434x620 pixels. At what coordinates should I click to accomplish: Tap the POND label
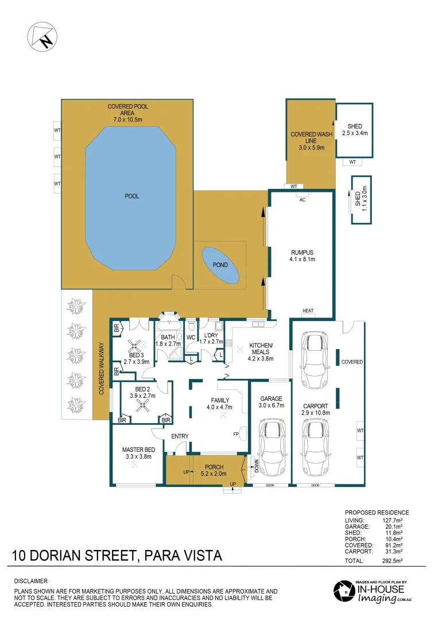click(x=220, y=265)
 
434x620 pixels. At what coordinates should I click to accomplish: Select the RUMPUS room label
click(x=302, y=255)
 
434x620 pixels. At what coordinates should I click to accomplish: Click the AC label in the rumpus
click(x=301, y=198)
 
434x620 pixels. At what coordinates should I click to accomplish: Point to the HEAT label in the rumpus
click(x=308, y=311)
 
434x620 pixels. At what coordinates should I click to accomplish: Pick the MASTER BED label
click(x=138, y=454)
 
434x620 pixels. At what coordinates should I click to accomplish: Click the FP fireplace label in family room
click(x=236, y=434)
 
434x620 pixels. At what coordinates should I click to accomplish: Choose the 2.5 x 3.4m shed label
click(x=354, y=130)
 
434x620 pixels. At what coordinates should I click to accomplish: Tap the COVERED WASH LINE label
click(x=310, y=141)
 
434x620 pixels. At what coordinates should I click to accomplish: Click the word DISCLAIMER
click(x=31, y=581)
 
